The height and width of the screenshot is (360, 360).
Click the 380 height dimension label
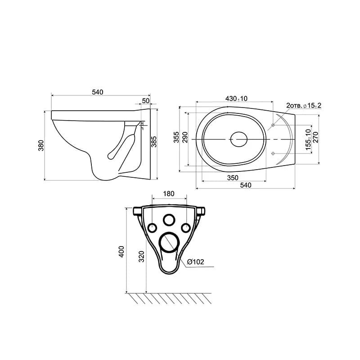click(x=41, y=145)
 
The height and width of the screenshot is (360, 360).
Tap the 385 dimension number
click(x=154, y=142)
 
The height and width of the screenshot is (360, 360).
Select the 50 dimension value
click(x=145, y=101)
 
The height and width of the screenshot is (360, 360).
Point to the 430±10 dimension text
click(x=237, y=99)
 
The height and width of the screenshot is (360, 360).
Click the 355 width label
click(x=176, y=137)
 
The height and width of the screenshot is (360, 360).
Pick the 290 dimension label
click(x=185, y=137)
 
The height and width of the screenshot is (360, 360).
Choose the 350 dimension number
click(x=233, y=178)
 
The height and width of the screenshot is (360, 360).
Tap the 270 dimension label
click(x=316, y=137)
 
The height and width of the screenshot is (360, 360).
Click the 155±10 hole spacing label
click(x=308, y=139)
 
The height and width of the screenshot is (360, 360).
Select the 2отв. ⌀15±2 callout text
click(x=304, y=106)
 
